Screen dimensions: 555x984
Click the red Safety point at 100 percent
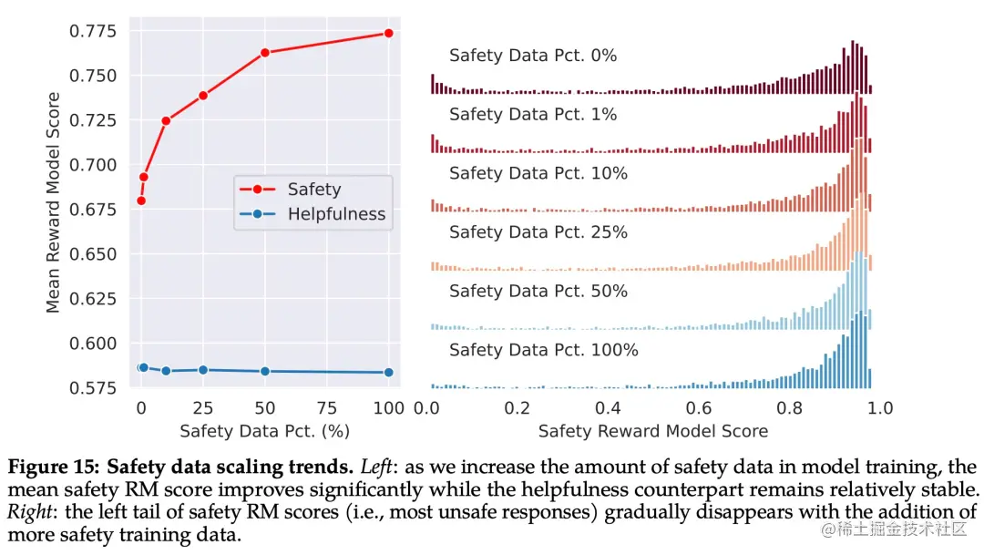389,33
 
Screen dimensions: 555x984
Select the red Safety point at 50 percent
265,53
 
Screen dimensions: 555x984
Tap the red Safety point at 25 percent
203,96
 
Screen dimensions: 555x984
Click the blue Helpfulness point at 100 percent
389,372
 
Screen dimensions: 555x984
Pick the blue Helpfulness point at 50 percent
265,371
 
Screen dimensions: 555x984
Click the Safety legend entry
313,190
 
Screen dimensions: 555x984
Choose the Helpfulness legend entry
336,215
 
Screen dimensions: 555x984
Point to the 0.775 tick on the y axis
92,32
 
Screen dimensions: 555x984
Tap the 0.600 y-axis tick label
92,344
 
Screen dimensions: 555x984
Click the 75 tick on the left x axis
327,406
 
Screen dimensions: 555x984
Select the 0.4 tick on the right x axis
608,406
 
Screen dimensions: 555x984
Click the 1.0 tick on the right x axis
880,406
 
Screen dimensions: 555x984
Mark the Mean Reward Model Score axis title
53,202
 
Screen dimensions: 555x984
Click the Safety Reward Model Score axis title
652,431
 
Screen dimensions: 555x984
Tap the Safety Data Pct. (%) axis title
264,430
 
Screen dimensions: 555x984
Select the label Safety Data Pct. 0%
533,56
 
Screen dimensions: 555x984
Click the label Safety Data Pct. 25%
538,232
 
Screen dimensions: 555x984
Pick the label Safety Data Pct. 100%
543,350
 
